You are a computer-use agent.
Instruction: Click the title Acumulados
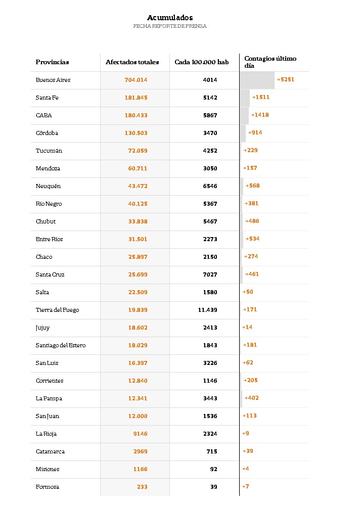(x=170, y=18)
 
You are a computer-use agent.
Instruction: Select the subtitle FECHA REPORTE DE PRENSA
(x=170, y=26)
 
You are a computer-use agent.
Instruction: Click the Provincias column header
(x=52, y=62)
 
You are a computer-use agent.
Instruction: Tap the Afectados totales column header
(x=132, y=62)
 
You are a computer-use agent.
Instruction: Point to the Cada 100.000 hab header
(x=201, y=62)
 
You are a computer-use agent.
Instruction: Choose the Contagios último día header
(x=270, y=62)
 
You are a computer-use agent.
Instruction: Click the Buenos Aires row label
(x=53, y=80)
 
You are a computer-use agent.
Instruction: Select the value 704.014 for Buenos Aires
(x=136, y=80)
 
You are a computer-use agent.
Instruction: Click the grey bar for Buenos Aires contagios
(x=257, y=80)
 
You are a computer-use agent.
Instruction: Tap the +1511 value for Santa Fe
(x=260, y=97)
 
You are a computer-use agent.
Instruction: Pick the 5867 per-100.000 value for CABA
(x=210, y=115)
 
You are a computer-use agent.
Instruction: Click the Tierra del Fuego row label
(x=57, y=310)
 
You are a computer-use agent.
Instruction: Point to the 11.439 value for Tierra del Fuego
(x=207, y=310)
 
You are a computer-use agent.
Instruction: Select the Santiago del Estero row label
(x=61, y=345)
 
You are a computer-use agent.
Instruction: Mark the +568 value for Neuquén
(x=252, y=186)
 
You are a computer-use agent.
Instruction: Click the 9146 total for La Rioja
(x=140, y=434)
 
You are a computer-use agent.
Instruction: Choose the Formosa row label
(x=48, y=487)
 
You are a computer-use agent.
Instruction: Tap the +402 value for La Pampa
(x=251, y=398)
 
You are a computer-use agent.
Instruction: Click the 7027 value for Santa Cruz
(x=210, y=274)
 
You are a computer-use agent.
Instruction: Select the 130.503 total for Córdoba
(x=136, y=133)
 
